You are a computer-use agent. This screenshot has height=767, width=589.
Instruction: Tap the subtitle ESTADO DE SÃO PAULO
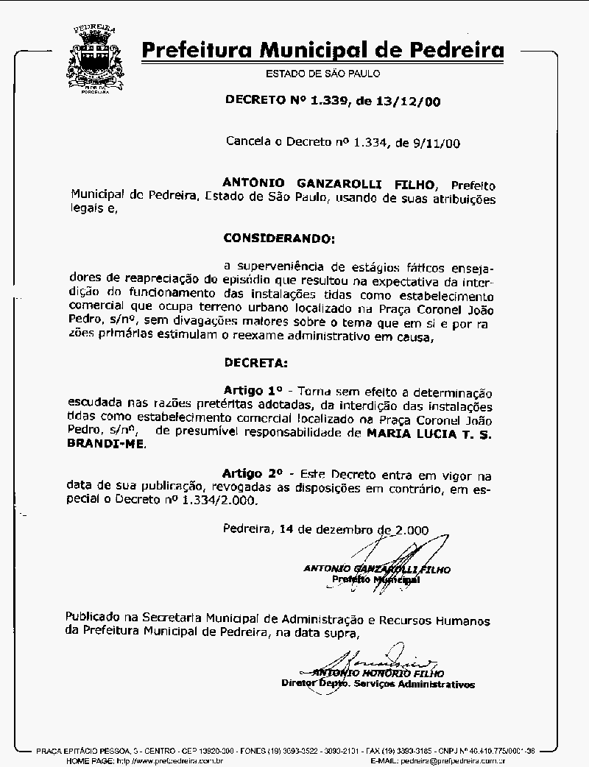(x=322, y=74)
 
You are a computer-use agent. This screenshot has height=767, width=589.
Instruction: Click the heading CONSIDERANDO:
(x=278, y=238)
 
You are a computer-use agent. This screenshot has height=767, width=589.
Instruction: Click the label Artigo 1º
(x=253, y=389)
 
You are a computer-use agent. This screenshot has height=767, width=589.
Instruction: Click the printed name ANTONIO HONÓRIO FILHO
(x=378, y=673)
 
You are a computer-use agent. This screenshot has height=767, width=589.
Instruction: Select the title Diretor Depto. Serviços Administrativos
(x=378, y=684)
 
